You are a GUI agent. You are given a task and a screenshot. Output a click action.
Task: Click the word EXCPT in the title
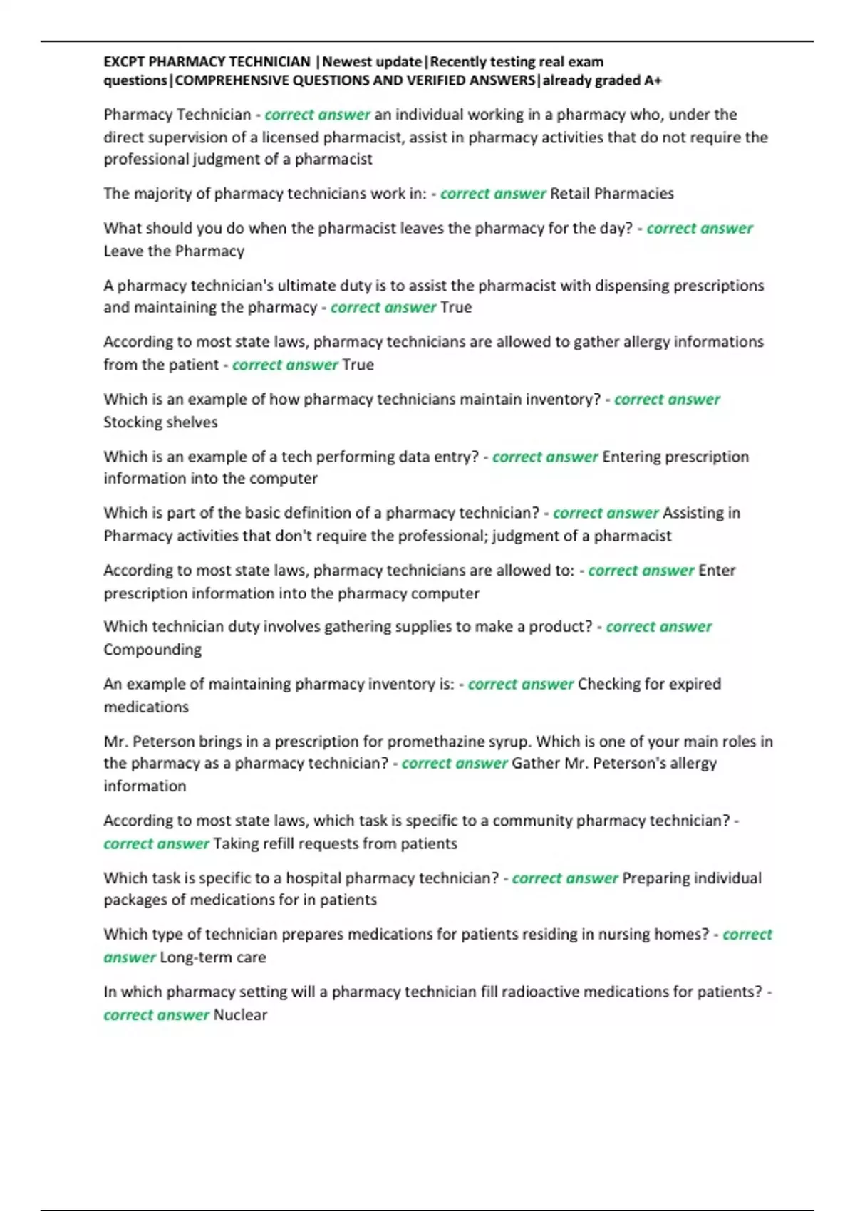pyautogui.click(x=124, y=62)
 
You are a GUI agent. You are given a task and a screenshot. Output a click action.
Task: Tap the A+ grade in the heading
pyautogui.click(x=653, y=80)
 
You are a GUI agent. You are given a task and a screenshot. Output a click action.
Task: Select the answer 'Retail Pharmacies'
pyautogui.click(x=612, y=194)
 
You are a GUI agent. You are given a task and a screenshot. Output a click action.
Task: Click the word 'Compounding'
pyautogui.click(x=152, y=650)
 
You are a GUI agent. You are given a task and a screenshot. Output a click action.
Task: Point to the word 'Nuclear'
pyautogui.click(x=240, y=1015)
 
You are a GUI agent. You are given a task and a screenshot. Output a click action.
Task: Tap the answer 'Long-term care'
pyautogui.click(x=213, y=957)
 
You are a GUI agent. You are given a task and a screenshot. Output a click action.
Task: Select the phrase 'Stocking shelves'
pyautogui.click(x=160, y=422)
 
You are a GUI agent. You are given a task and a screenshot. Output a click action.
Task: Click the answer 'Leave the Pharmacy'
pyautogui.click(x=174, y=251)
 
